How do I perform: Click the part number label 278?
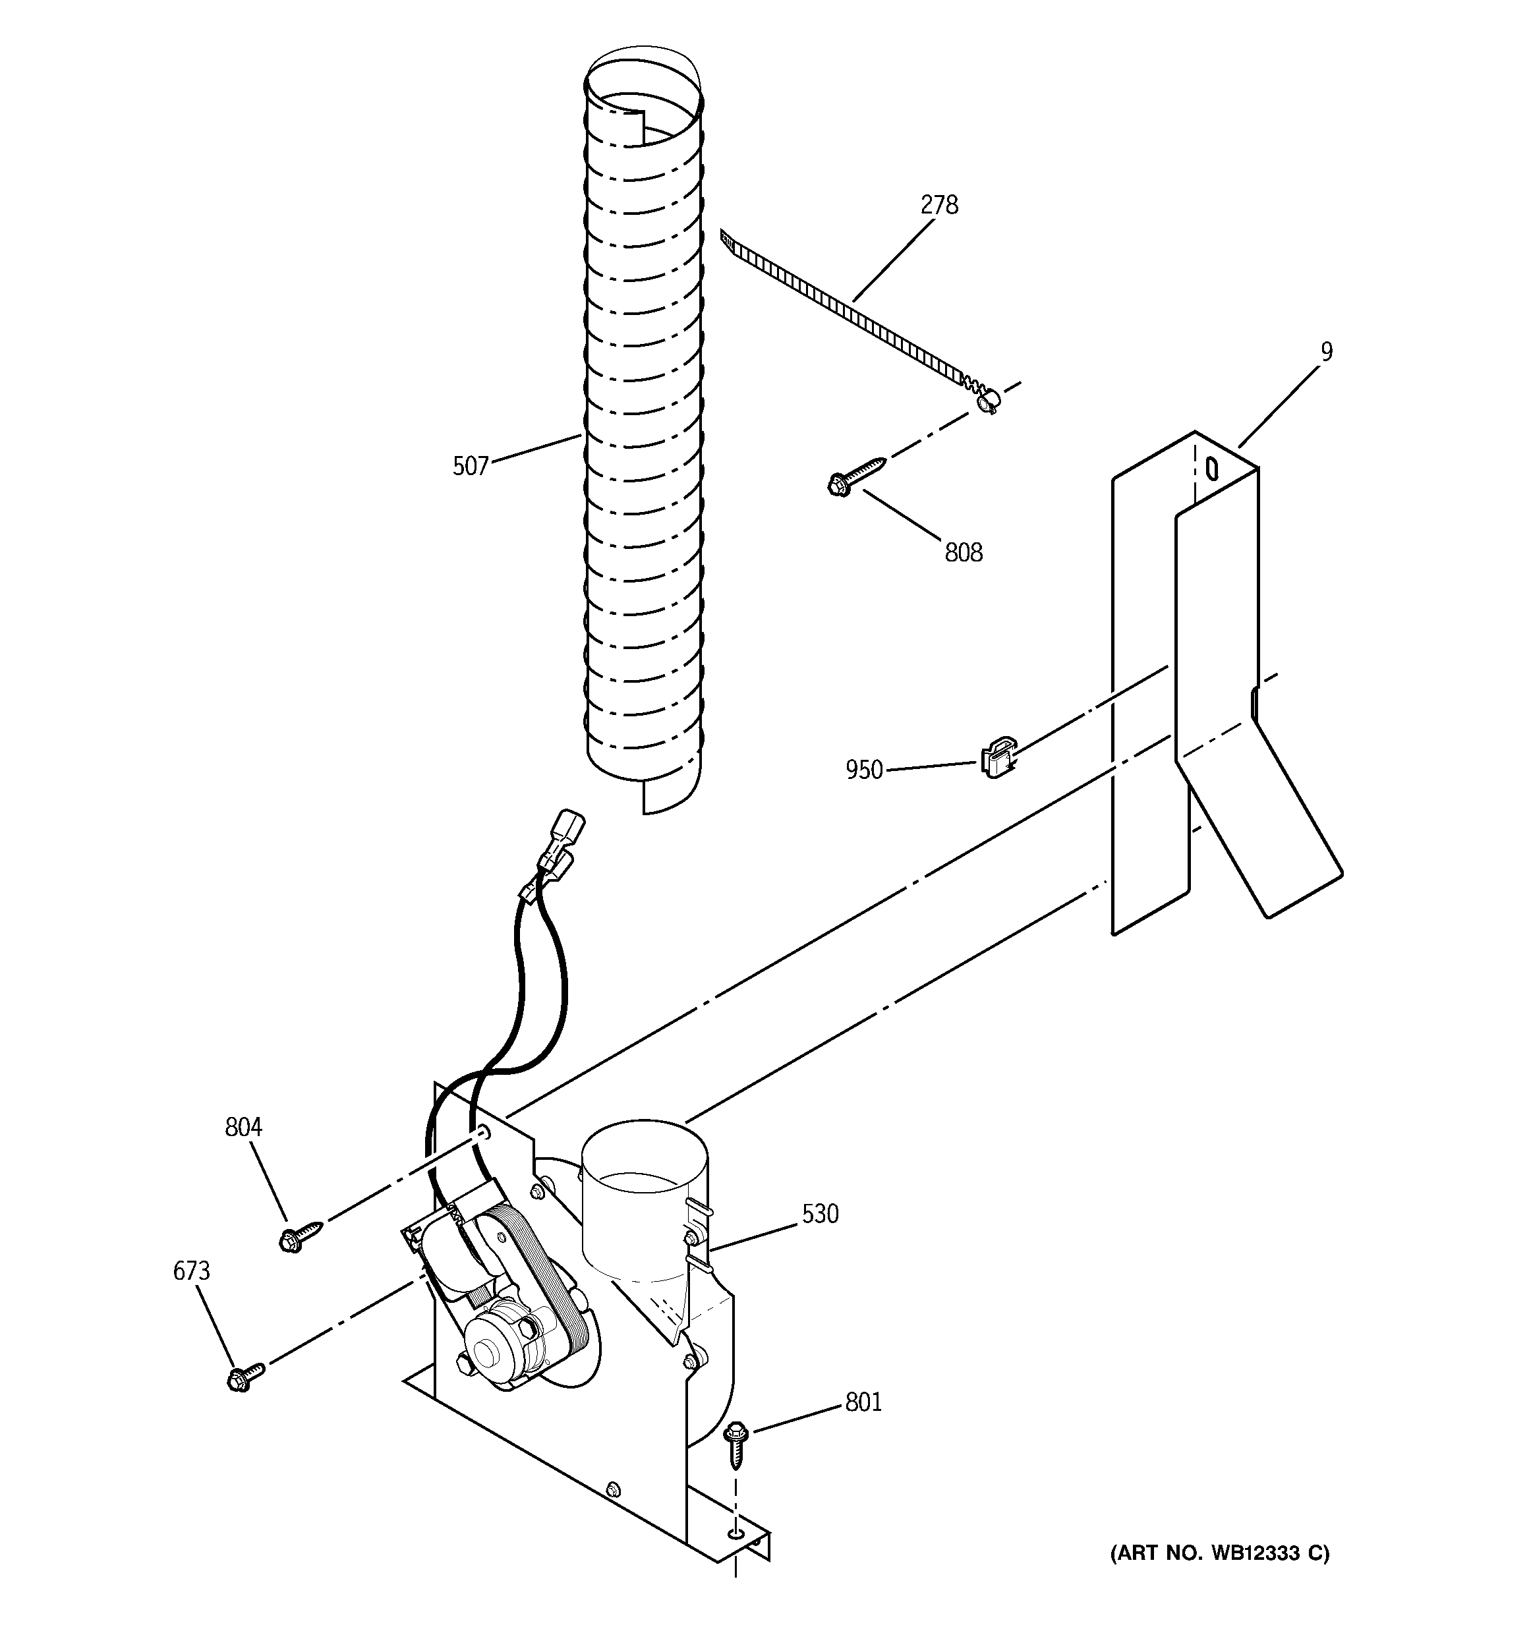[939, 205]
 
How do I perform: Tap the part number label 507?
[471, 467]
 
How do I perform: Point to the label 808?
[963, 553]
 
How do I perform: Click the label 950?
[864, 770]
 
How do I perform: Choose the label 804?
[243, 1128]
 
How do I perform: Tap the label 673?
[191, 1271]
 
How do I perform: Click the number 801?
[863, 1403]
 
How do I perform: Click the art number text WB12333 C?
[1220, 1553]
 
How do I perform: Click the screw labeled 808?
[853, 476]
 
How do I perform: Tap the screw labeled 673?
[245, 1377]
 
